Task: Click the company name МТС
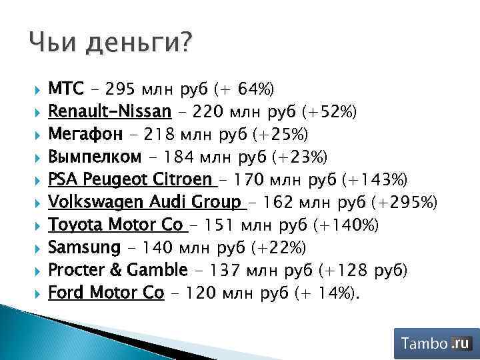click(x=66, y=89)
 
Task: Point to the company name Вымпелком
click(x=95, y=157)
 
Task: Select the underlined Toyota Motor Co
click(x=115, y=225)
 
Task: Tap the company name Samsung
click(x=84, y=248)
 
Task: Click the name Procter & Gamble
click(x=118, y=271)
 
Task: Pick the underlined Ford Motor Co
click(x=106, y=293)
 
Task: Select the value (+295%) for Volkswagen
click(x=404, y=203)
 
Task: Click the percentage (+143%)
click(x=377, y=180)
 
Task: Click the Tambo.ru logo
click(x=436, y=344)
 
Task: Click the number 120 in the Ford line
click(x=201, y=293)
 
